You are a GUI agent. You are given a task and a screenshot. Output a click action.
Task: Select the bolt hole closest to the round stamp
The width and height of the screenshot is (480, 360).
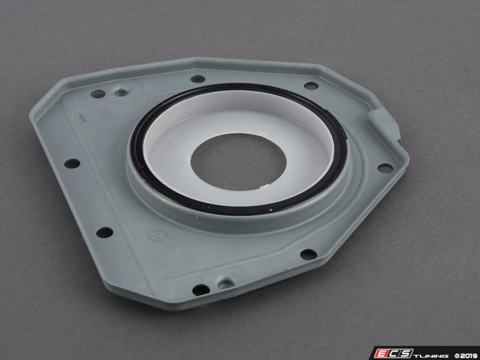point(105,231)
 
